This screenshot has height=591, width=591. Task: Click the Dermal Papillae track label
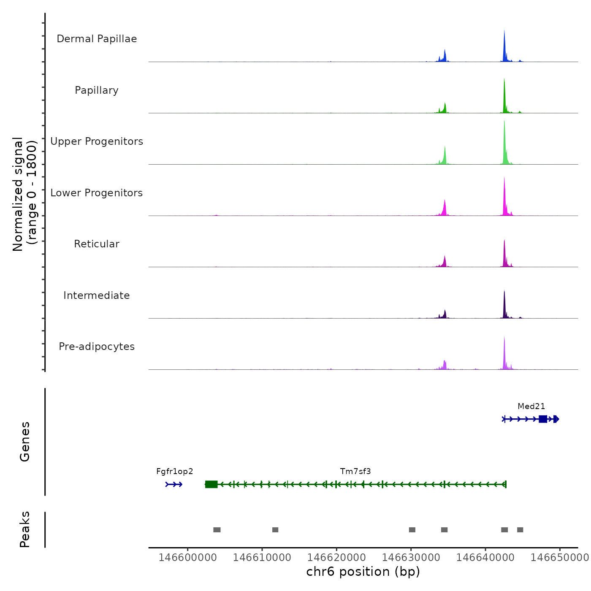tap(97, 39)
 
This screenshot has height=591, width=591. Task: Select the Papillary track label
tap(97, 90)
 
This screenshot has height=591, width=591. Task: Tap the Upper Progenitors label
tap(97, 141)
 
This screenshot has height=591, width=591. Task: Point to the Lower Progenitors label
tap(97, 193)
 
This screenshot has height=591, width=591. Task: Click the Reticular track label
tap(97, 244)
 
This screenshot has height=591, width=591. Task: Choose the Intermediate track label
tap(97, 295)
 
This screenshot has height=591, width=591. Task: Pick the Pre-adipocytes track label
tap(97, 347)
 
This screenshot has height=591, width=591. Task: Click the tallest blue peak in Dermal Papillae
tap(504, 46)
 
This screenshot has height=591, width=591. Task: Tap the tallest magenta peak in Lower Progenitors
tap(504, 196)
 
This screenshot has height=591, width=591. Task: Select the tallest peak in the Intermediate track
tap(504, 304)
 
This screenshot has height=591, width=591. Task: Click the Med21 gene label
tap(531, 407)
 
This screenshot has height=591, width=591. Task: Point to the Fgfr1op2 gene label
tap(174, 472)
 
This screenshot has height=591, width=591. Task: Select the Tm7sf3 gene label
tap(355, 472)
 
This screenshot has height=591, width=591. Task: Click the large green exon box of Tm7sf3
tap(211, 484)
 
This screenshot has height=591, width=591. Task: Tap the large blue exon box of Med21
tap(543, 419)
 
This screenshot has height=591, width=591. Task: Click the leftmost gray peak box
tap(217, 530)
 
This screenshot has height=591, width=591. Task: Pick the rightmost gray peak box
tap(520, 530)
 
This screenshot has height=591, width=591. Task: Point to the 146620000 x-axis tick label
tap(336, 557)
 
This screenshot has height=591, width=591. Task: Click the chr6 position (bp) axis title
tap(363, 572)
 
